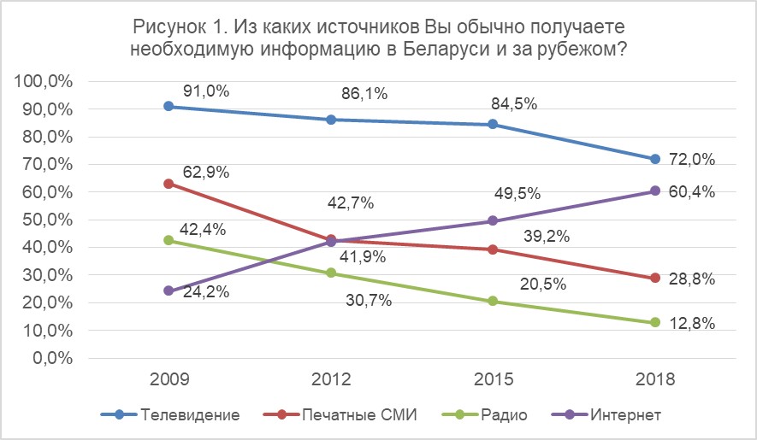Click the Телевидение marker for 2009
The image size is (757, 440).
tap(169, 106)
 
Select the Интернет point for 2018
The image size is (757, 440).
tap(655, 191)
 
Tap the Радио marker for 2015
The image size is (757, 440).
tap(493, 301)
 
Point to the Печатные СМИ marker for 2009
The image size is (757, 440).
tap(169, 184)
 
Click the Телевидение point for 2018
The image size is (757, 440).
tap(655, 159)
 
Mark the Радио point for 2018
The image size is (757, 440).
tap(655, 322)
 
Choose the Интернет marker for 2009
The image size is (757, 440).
tap(169, 290)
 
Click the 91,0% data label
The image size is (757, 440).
tap(206, 91)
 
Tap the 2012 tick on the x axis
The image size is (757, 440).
tap(331, 379)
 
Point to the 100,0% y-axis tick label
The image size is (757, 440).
tap(42, 81)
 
